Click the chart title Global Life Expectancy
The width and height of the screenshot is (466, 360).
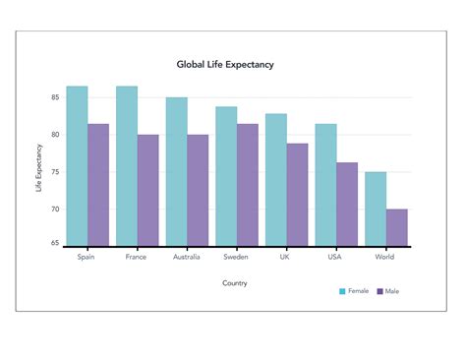225,65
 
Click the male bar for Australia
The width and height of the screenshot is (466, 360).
198,190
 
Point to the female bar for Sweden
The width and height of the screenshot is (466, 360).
226,176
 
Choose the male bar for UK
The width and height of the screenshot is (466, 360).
297,194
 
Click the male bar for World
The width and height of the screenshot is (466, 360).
396,226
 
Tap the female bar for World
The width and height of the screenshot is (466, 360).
376,209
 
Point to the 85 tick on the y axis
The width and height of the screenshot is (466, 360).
56,97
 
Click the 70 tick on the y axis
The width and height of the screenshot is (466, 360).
56,210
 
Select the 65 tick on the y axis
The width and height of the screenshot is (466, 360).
56,242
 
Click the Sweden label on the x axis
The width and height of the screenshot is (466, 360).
235,258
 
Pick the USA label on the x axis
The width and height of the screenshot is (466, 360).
335,258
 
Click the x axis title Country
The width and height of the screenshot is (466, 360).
235,283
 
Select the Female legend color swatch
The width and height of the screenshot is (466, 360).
343,291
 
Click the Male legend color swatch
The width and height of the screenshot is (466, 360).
379,291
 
